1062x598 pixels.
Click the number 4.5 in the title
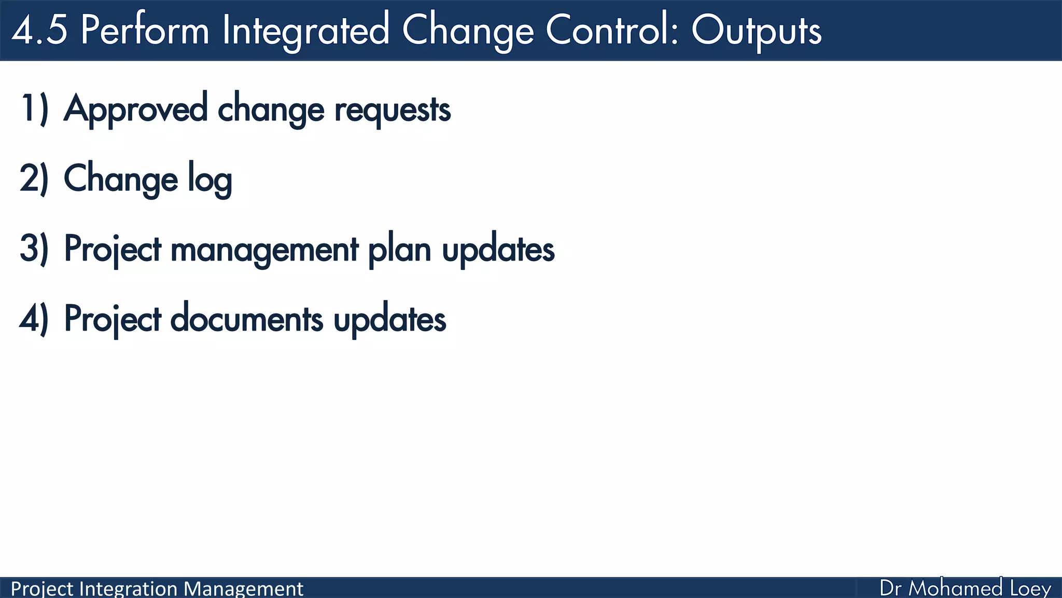tap(39, 30)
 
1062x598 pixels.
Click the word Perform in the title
tap(145, 30)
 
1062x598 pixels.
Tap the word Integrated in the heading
tap(305, 30)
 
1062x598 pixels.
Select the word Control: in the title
tap(612, 30)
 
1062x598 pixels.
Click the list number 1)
tap(34, 109)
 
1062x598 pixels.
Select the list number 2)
tap(34, 179)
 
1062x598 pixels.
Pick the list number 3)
tap(34, 249)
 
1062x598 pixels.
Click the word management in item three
tap(264, 250)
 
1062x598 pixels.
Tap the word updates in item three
tap(498, 250)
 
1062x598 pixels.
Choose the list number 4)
tap(34, 319)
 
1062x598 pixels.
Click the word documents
tap(246, 319)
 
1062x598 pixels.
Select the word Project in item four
tap(113, 320)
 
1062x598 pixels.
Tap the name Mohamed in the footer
tap(955, 588)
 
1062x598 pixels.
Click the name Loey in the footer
tap(1030, 589)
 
